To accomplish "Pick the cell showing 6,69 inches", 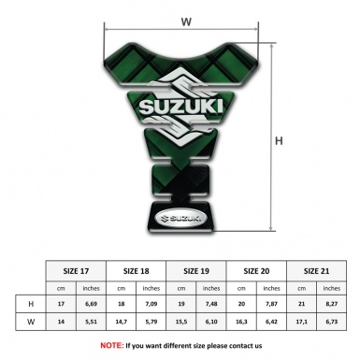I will point(92,305).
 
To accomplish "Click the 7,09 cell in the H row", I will point(152,305).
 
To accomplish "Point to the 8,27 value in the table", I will point(332,305).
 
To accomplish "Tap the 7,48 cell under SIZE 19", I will point(212,305).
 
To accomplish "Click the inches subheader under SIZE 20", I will point(272,287).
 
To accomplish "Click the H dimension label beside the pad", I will point(279,141).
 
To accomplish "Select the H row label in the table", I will point(32,305).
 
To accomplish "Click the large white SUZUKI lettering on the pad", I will point(186,108).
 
